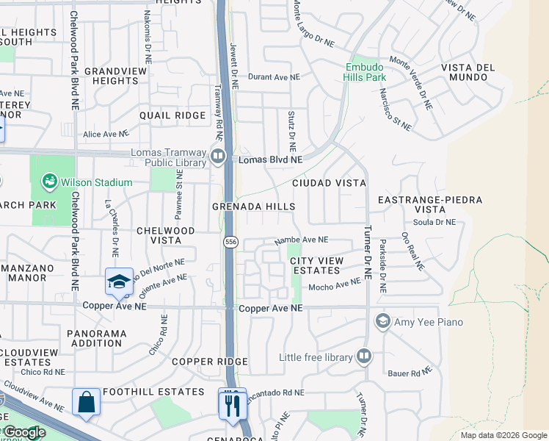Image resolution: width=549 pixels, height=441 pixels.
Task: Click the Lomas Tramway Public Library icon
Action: pyautogui.click(x=218, y=156)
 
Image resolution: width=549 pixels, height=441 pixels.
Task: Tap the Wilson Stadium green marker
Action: pyautogui.click(x=50, y=182)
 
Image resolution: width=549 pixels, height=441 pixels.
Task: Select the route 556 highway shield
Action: pyautogui.click(x=229, y=242)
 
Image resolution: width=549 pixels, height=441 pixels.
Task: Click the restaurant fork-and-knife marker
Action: pyautogui.click(x=233, y=404)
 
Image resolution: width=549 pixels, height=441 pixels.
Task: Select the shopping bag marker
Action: pyautogui.click(x=87, y=402)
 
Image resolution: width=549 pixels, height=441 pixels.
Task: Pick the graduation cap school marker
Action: pyautogui.click(x=119, y=282)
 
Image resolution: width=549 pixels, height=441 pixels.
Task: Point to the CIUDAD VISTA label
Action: pyautogui.click(x=329, y=182)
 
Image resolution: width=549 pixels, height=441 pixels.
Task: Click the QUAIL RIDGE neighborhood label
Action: pyautogui.click(x=173, y=115)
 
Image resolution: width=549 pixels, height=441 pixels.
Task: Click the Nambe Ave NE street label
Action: pyautogui.click(x=301, y=240)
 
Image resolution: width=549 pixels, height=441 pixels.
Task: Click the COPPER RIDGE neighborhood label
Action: pyautogui.click(x=209, y=362)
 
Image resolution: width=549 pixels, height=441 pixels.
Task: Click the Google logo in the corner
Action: pyautogui.click(x=24, y=433)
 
